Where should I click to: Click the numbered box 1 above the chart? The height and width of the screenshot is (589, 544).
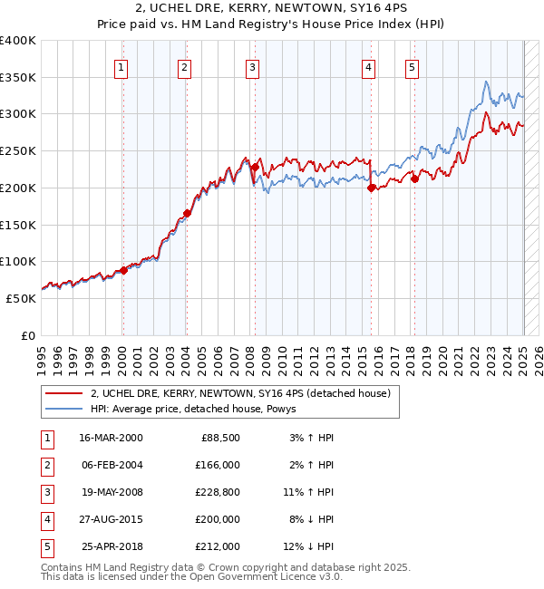tap(121, 66)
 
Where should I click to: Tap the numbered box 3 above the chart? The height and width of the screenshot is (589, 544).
tap(251, 66)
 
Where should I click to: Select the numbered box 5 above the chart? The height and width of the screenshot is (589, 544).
tap(413, 66)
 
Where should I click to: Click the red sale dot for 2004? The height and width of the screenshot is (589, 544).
tap(187, 213)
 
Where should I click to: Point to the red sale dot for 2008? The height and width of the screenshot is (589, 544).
tap(256, 167)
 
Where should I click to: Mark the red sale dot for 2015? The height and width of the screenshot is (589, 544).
tap(372, 188)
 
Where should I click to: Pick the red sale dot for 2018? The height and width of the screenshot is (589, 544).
tap(414, 179)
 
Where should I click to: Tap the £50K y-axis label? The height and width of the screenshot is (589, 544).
tap(22, 298)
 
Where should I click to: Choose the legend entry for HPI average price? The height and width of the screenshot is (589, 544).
tap(199, 409)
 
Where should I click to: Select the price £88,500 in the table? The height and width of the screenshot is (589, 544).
tap(218, 438)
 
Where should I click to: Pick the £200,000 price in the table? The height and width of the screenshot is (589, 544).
tap(218, 519)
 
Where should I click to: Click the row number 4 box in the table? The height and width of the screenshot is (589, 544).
tap(44, 519)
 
